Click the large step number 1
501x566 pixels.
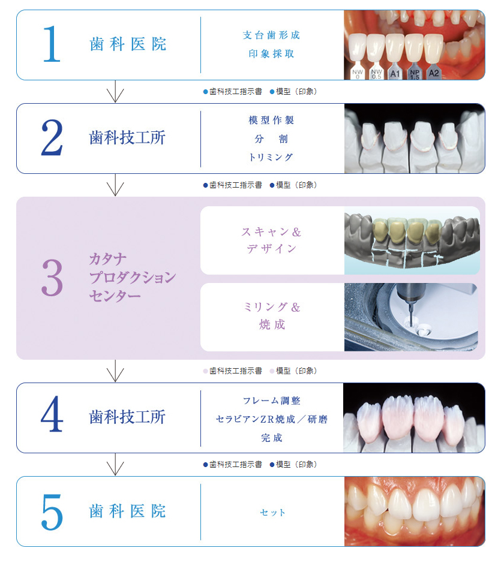pyautogui.click(x=52, y=44)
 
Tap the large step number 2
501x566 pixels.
pyautogui.click(x=52, y=138)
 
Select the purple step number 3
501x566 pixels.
pyautogui.click(x=52, y=278)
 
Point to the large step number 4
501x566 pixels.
pyautogui.click(x=52, y=414)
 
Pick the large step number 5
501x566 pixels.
pyautogui.click(x=52, y=512)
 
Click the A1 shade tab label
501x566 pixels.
pyautogui.click(x=395, y=74)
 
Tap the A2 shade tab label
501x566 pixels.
pyautogui.click(x=433, y=73)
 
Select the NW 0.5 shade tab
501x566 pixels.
pyautogui.click(x=376, y=74)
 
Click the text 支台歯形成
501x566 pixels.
pyautogui.click(x=271, y=35)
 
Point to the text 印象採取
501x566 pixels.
pyautogui.click(x=271, y=54)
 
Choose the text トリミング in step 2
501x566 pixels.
pyautogui.click(x=271, y=157)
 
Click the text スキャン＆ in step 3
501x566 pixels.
pyautogui.click(x=271, y=232)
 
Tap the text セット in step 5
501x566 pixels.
pyautogui.click(x=272, y=513)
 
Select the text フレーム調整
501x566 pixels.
pyautogui.click(x=272, y=401)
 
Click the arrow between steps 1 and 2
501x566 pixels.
pyautogui.click(x=115, y=91)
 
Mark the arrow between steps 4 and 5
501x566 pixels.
pyautogui.click(x=115, y=464)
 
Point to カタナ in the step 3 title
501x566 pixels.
pyautogui.click(x=107, y=259)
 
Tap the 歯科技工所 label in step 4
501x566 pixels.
pyautogui.click(x=127, y=417)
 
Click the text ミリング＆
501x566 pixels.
pyautogui.click(x=272, y=307)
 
